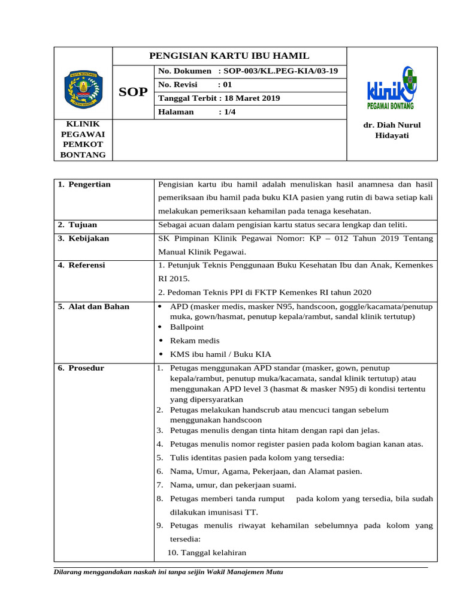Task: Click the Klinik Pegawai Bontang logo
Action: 392,88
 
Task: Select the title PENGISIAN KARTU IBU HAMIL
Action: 229,56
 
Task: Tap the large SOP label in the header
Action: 133,92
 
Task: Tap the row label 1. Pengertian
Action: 84,184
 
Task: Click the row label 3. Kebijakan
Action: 84,238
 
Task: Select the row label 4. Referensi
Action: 83,265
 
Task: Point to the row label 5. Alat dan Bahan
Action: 93,306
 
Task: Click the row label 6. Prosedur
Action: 81,368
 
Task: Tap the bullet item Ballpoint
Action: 187,327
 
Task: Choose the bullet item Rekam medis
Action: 195,341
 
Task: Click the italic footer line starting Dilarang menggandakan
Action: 169,571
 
